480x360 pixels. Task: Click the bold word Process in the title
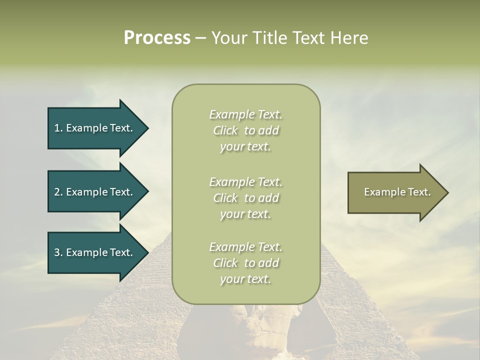coord(157,38)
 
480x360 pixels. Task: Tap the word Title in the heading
coord(268,38)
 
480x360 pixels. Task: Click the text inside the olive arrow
coord(397,192)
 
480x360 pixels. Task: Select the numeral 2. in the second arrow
coord(58,192)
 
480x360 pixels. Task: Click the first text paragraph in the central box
coord(245,130)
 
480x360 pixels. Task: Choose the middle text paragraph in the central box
coord(245,198)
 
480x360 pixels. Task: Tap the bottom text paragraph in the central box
coord(245,263)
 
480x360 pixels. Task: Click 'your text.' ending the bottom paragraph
coord(245,279)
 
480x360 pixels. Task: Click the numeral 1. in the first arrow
coord(58,128)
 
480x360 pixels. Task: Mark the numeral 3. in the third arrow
coord(58,252)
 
